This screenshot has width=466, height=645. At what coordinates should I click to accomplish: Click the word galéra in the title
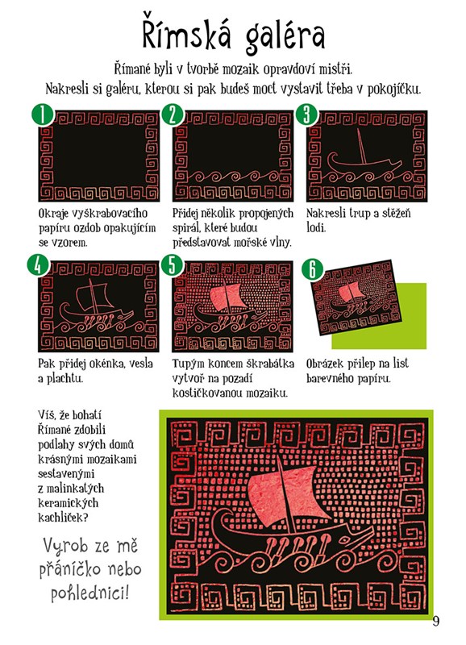click(x=285, y=36)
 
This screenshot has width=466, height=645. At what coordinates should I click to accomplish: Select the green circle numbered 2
click(x=173, y=114)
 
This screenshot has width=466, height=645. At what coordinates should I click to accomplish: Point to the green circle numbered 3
click(x=307, y=114)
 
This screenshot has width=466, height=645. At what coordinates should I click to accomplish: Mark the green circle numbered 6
click(x=313, y=269)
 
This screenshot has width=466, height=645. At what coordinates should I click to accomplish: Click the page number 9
click(x=436, y=620)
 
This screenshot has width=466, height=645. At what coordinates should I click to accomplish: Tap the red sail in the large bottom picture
click(x=280, y=494)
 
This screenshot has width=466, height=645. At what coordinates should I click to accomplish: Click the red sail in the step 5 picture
click(x=227, y=297)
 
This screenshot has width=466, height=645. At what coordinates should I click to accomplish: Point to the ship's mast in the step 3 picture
click(x=361, y=146)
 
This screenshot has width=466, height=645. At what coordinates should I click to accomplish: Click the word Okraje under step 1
click(x=55, y=214)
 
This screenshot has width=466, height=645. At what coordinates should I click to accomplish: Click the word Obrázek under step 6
click(x=325, y=364)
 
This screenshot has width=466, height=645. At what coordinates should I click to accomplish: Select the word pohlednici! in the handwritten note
click(x=89, y=593)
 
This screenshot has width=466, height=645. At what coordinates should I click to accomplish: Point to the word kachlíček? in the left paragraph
click(x=63, y=518)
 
